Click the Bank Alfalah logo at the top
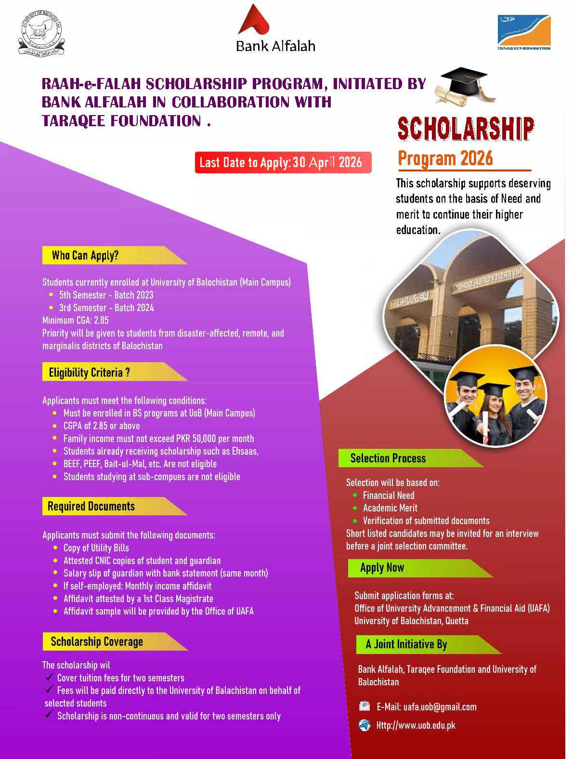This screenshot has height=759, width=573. (275, 29)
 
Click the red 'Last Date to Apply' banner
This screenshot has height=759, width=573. (282, 162)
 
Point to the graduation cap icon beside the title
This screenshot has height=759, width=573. (461, 86)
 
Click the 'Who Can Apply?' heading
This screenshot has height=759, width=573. (86, 255)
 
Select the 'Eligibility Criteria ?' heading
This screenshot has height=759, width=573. (90, 372)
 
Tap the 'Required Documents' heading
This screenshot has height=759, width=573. (91, 506)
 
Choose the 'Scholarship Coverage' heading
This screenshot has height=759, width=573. (97, 641)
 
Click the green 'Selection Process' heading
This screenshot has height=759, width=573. (388, 458)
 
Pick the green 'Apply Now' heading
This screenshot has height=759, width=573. (382, 568)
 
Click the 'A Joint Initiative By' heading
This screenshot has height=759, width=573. (406, 644)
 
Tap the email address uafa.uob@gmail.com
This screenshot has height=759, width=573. (440, 707)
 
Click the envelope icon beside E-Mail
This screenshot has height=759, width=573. (365, 707)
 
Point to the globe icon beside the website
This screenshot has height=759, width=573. (365, 725)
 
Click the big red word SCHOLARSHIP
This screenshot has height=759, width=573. (465, 129)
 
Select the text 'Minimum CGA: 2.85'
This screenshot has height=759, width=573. (76, 320)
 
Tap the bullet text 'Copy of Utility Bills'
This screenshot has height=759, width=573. (96, 548)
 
